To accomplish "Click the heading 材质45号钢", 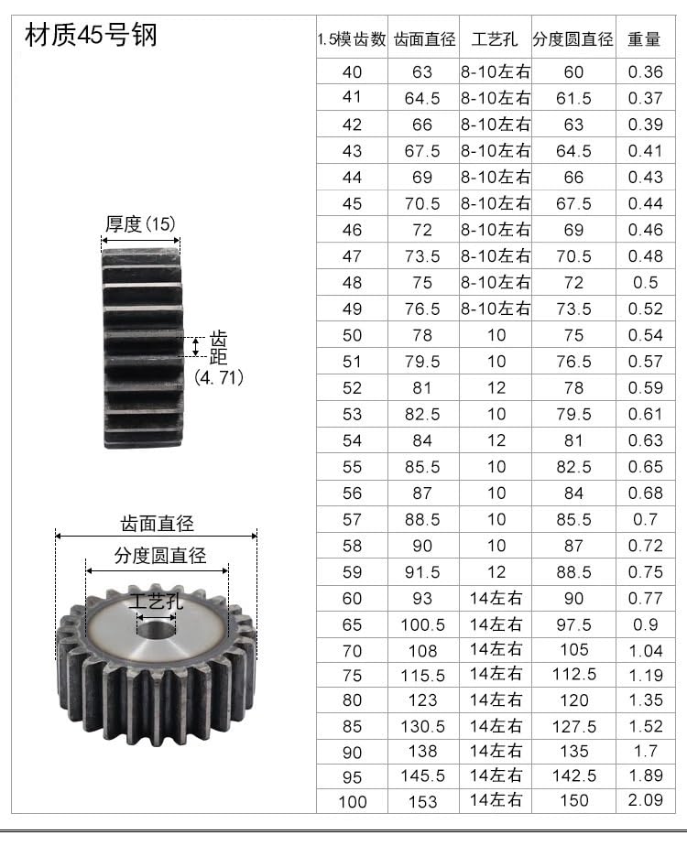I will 91,34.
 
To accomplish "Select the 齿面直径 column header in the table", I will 424,40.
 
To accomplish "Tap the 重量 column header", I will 644,40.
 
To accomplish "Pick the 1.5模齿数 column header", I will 352,40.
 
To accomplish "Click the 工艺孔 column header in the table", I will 495,40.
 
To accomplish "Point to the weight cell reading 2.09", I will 645,801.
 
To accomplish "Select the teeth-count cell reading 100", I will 352,802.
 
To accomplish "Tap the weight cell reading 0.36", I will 645,72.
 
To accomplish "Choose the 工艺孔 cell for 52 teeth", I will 496,387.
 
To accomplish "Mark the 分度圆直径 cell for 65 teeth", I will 573,624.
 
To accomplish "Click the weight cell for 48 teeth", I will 645,283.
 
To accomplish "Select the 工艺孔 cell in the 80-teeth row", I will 496,700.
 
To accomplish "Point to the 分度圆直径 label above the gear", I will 159,555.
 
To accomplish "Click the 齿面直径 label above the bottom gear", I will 158,525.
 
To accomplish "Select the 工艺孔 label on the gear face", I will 157,602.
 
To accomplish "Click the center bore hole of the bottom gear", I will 156,628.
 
